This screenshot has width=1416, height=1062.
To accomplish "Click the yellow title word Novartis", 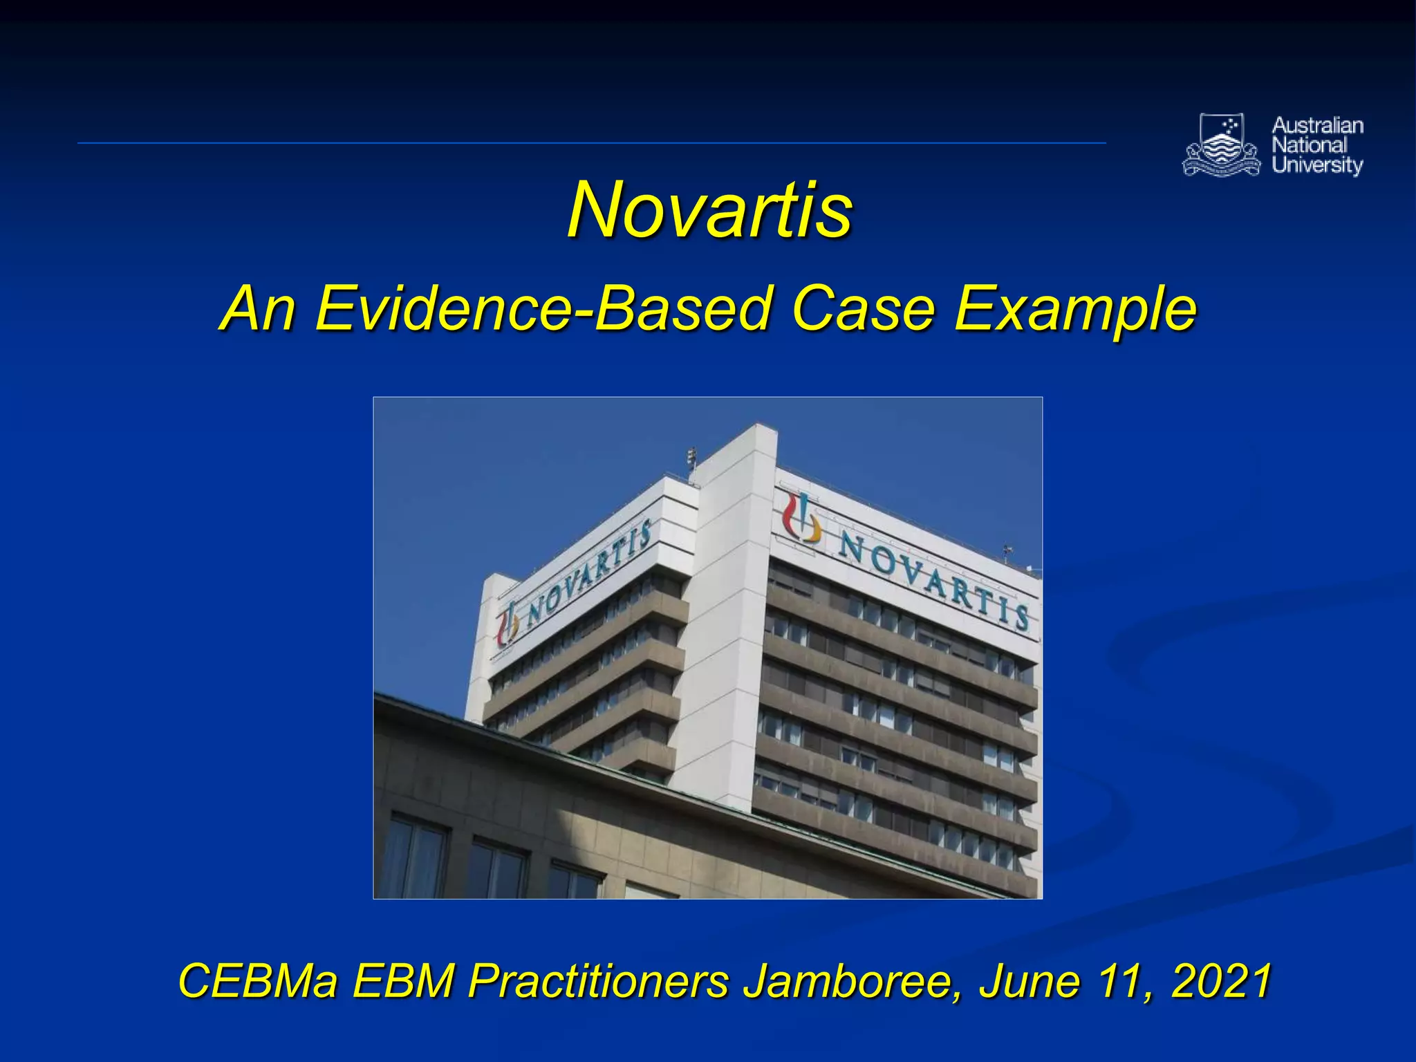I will (x=709, y=209).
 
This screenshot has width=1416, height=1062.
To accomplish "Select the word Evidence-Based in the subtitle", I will (x=541, y=308).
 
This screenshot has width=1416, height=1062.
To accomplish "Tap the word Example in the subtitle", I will (x=1075, y=308).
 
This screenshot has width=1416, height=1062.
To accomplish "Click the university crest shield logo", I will (x=1222, y=144).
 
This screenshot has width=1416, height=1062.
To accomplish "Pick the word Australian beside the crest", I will (x=1317, y=126).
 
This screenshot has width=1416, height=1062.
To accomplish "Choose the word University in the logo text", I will (x=1317, y=165).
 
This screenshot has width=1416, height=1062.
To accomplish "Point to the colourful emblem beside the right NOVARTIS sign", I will (x=802, y=519).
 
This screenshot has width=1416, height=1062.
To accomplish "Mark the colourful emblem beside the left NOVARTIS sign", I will (x=507, y=624).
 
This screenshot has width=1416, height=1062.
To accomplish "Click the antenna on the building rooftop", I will (x=691, y=459).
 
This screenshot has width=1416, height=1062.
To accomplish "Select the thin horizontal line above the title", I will (x=591, y=143).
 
